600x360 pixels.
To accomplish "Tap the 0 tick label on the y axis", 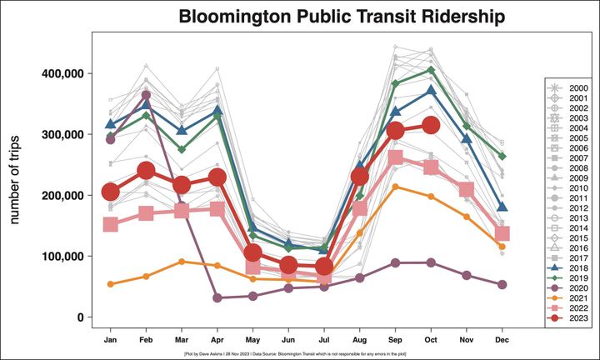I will pyautogui.click(x=80, y=317).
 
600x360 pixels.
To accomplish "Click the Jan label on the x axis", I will pyautogui.click(x=110, y=340).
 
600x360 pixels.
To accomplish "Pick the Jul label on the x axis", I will pyautogui.click(x=324, y=340).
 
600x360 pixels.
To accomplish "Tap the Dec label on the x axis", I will pyautogui.click(x=502, y=340).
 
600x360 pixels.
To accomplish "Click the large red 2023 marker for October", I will pyautogui.click(x=431, y=126).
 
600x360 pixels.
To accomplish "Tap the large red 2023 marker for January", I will pyautogui.click(x=110, y=192).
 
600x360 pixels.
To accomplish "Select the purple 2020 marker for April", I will pyautogui.click(x=217, y=297).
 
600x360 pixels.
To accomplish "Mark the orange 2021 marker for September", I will pyautogui.click(x=396, y=187).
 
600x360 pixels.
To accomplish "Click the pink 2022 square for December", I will pyautogui.click(x=502, y=234).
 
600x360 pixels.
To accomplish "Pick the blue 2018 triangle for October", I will pyautogui.click(x=431, y=91).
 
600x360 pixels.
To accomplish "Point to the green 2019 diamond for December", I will pyautogui.click(x=502, y=156).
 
